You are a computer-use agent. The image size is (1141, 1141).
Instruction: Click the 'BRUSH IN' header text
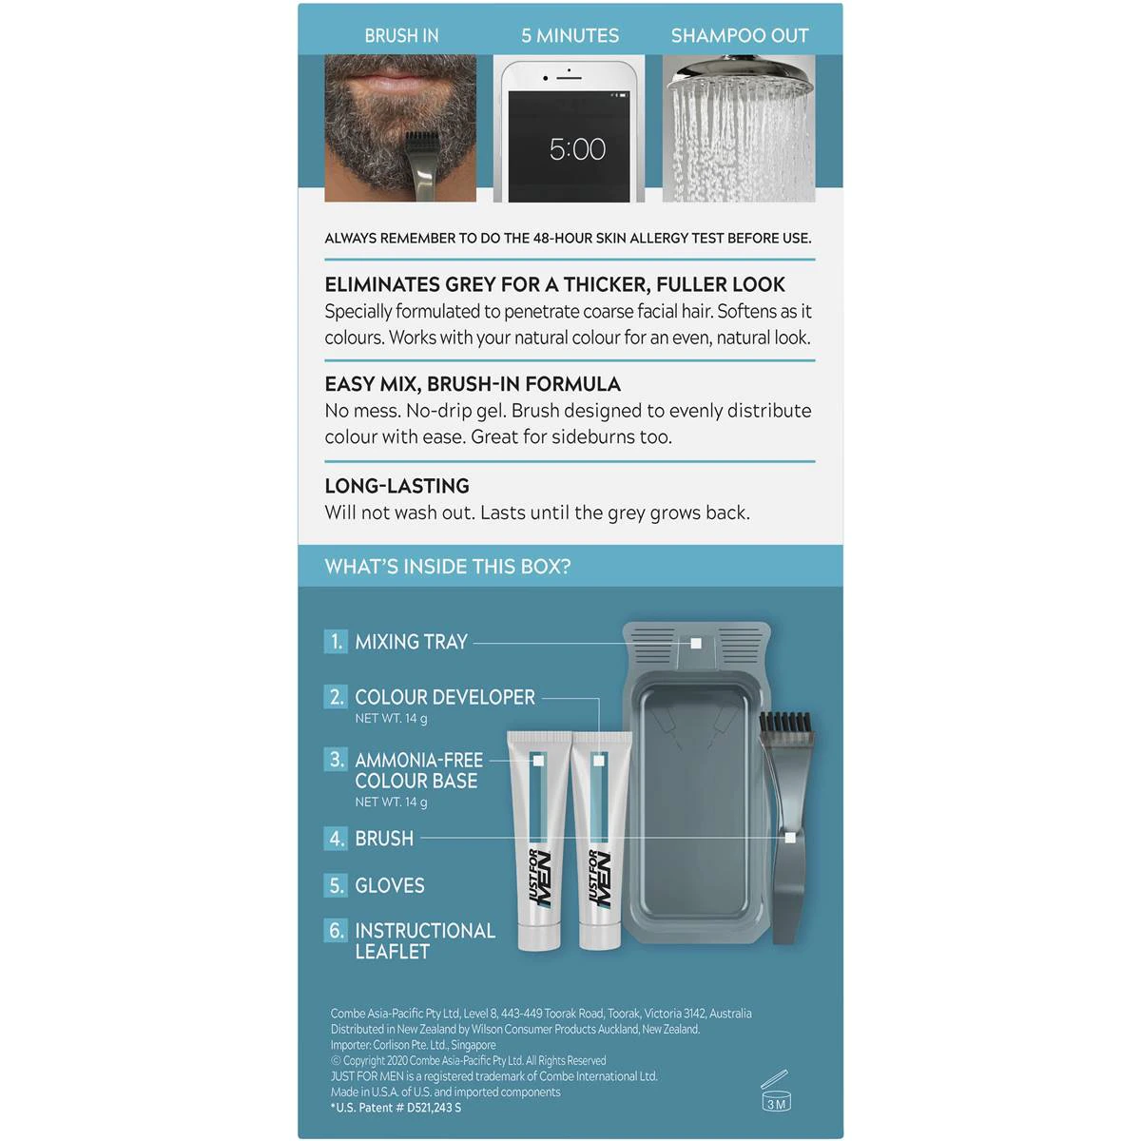point(401,36)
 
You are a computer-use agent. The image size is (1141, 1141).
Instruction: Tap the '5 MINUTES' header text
point(570,36)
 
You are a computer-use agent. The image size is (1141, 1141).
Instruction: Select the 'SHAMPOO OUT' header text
point(740,36)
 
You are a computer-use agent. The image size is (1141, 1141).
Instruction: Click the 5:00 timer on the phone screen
point(577,148)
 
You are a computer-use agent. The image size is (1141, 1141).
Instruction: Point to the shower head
point(740,73)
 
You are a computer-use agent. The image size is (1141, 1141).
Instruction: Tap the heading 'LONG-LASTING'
point(396,486)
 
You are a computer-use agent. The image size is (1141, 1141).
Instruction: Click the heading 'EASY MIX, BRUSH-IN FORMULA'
point(473,384)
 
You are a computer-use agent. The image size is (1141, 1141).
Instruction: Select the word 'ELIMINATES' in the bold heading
point(382,285)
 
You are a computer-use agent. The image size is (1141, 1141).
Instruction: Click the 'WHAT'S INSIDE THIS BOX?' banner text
point(448,567)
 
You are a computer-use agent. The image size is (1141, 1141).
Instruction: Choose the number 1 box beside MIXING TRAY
point(336,641)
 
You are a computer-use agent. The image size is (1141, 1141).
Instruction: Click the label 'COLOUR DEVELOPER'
point(445,697)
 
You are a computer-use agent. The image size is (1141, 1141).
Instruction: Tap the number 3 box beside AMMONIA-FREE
point(336,759)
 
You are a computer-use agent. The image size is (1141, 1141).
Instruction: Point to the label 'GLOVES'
point(390,885)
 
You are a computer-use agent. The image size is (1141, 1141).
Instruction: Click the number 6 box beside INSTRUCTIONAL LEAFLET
point(336,930)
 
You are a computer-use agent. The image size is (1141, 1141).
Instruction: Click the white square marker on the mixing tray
point(696,643)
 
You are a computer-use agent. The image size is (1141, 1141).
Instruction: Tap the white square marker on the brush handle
point(789,838)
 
